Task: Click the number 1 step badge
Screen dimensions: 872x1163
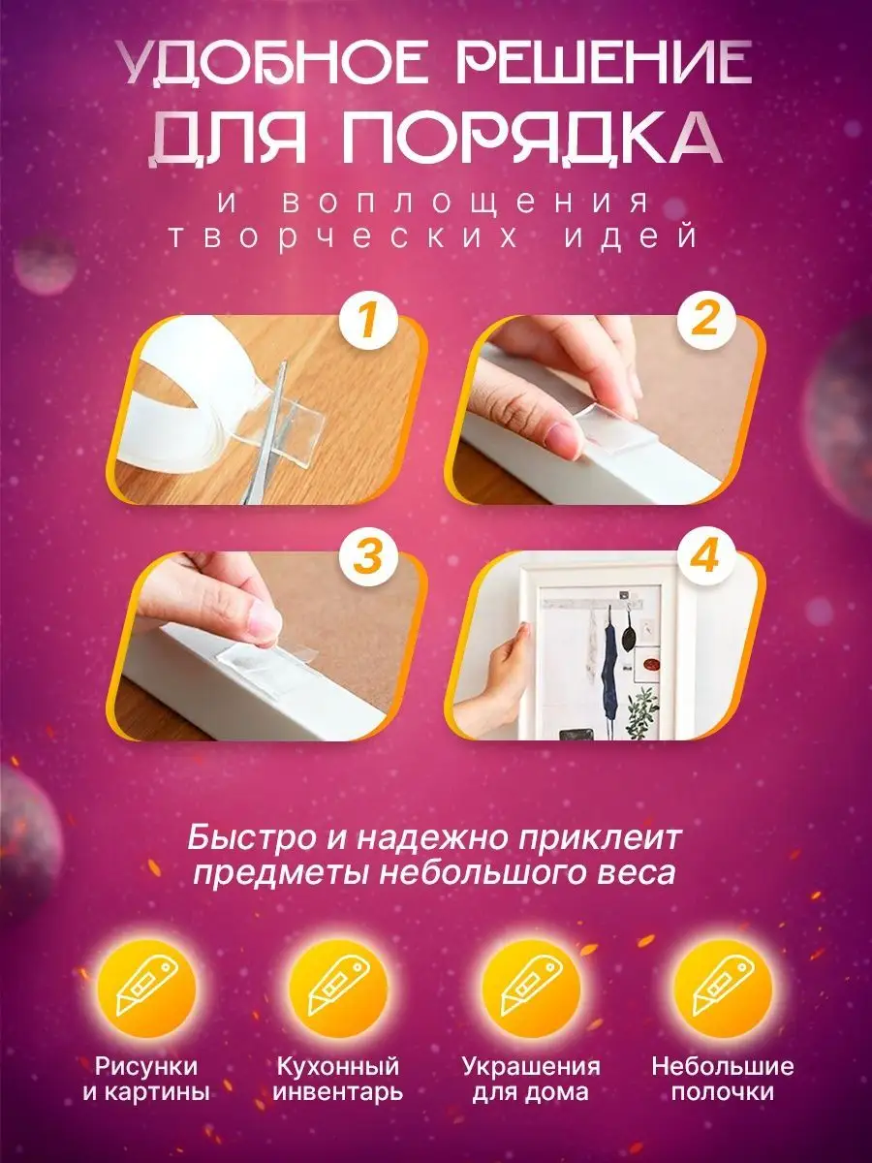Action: pyautogui.click(x=367, y=322)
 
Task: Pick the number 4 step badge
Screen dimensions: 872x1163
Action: pyautogui.click(x=705, y=557)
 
